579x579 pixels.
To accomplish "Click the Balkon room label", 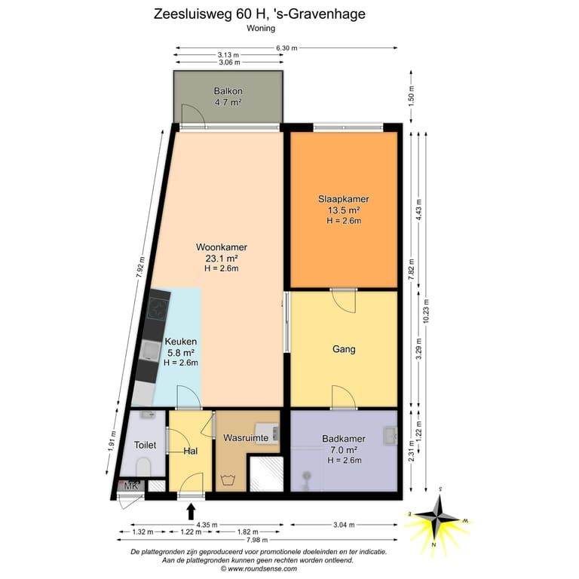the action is (x=228, y=90).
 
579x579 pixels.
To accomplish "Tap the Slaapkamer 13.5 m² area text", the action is (x=344, y=210).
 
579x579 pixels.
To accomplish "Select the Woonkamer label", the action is (x=222, y=247).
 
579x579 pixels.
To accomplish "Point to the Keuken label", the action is (x=181, y=342).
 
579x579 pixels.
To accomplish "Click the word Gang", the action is (x=344, y=349).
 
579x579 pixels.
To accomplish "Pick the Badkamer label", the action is (x=344, y=439).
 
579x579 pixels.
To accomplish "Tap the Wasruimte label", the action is (x=246, y=438).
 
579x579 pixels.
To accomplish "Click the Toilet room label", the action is (x=145, y=445).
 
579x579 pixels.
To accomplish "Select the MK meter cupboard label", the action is (x=130, y=486).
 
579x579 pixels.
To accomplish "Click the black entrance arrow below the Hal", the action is (x=191, y=512).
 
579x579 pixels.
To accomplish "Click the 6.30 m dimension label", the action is (x=286, y=48).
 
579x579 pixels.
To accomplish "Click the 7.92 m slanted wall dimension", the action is (x=141, y=267).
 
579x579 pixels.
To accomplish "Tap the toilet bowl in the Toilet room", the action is (x=144, y=467).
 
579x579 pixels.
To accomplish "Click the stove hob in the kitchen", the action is (x=158, y=308).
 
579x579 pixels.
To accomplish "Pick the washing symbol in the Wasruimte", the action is (x=228, y=480).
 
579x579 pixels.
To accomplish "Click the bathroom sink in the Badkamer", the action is (x=390, y=436).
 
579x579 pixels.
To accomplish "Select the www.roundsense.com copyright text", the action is (x=259, y=568).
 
